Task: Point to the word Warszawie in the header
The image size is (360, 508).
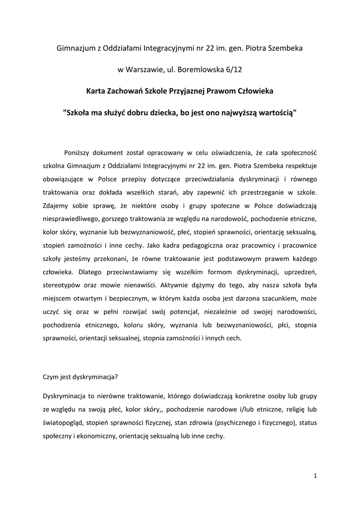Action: pos(145,70)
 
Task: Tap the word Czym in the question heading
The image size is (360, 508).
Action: pos(51,376)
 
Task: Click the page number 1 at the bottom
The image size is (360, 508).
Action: pos(315,476)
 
